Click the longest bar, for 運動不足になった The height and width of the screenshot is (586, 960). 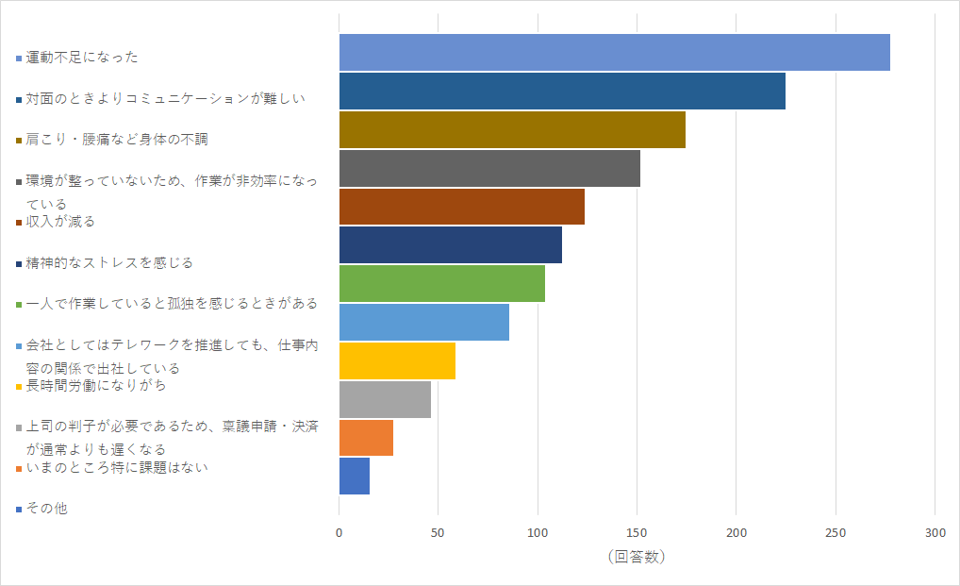click(614, 52)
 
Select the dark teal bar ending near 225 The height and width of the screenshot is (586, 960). click(562, 91)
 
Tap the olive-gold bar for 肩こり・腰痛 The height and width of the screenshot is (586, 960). click(512, 129)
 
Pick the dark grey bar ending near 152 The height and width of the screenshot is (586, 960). click(489, 168)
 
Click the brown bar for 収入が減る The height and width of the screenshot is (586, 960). click(461, 207)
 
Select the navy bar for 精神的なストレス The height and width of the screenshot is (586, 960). click(450, 245)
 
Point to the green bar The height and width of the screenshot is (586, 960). click(441, 284)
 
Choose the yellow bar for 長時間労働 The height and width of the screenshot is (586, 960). click(397, 360)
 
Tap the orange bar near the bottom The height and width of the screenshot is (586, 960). click(366, 438)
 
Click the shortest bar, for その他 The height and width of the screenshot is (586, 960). click(354, 476)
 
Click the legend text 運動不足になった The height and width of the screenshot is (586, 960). click(82, 58)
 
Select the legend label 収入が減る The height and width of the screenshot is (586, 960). click(60, 222)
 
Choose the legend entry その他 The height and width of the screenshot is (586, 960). click(47, 509)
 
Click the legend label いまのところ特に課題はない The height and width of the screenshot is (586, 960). click(117, 468)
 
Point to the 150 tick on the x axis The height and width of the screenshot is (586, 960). click(637, 532)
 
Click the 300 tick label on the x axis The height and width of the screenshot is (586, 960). click(935, 532)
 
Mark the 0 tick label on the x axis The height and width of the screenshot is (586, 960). click(339, 532)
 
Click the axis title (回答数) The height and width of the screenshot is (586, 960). click(637, 557)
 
